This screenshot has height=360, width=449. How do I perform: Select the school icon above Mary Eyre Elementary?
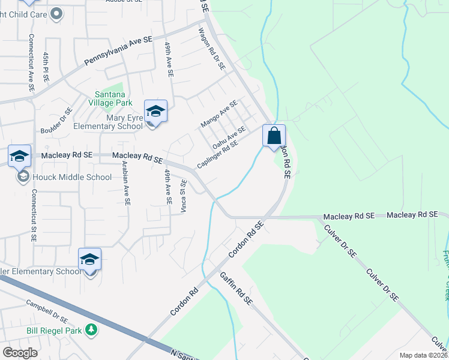point(155,111)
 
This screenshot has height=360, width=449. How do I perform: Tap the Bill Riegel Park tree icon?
point(91,329)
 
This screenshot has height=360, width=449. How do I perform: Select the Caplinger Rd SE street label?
point(221,154)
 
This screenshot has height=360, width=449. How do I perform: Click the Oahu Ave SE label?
point(229,138)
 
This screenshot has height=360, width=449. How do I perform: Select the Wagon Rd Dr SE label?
point(211,49)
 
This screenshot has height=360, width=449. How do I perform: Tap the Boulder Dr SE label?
point(56,120)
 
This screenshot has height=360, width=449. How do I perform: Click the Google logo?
point(20,353)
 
